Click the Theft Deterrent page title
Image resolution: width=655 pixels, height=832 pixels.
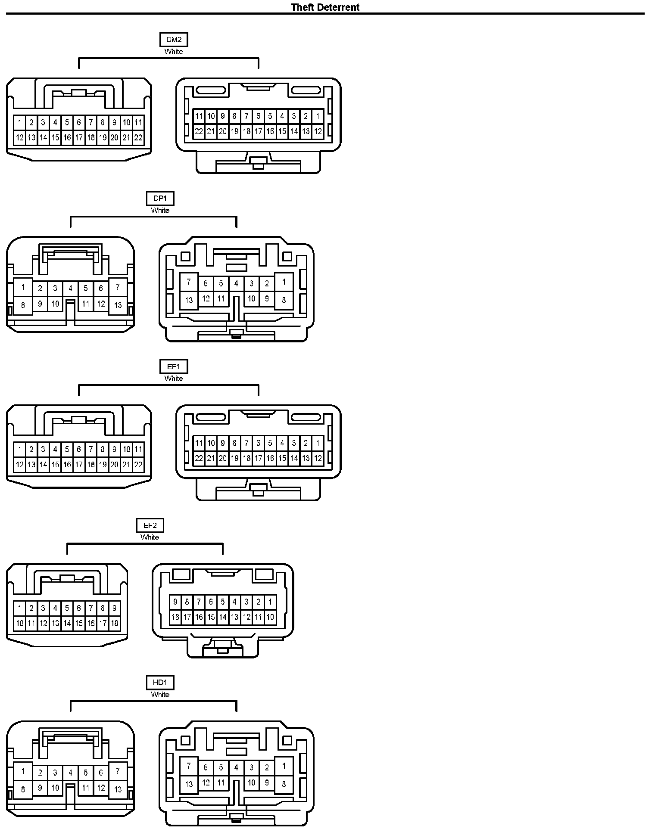point(325,7)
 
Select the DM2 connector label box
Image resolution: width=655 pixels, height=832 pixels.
point(174,40)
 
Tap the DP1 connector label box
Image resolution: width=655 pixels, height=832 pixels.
point(160,199)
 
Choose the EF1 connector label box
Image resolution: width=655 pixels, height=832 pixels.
point(174,366)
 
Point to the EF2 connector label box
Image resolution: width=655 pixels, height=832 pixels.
point(150,525)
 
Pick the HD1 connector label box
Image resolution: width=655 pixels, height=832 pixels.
point(160,683)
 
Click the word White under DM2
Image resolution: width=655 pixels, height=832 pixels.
point(174,51)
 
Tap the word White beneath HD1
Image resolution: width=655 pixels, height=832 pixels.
point(160,694)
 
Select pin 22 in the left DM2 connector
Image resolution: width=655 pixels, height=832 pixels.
point(138,138)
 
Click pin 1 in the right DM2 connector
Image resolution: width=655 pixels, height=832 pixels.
point(318,116)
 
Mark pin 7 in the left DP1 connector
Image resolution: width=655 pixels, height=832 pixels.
point(118,287)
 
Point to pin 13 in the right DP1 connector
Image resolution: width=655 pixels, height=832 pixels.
point(189,300)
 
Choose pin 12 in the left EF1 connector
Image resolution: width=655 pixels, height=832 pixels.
point(20,465)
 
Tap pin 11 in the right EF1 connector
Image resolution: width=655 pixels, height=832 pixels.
point(199,443)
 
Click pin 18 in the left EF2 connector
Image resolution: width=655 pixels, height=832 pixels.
point(114,623)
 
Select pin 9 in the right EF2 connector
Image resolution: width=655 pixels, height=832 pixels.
point(175,602)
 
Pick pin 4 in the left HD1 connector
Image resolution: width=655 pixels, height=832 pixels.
point(70,773)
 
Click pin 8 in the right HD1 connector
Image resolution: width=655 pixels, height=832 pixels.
point(284,784)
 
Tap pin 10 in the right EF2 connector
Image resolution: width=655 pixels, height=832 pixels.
point(270,617)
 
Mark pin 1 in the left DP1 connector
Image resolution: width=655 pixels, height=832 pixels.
point(23,287)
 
